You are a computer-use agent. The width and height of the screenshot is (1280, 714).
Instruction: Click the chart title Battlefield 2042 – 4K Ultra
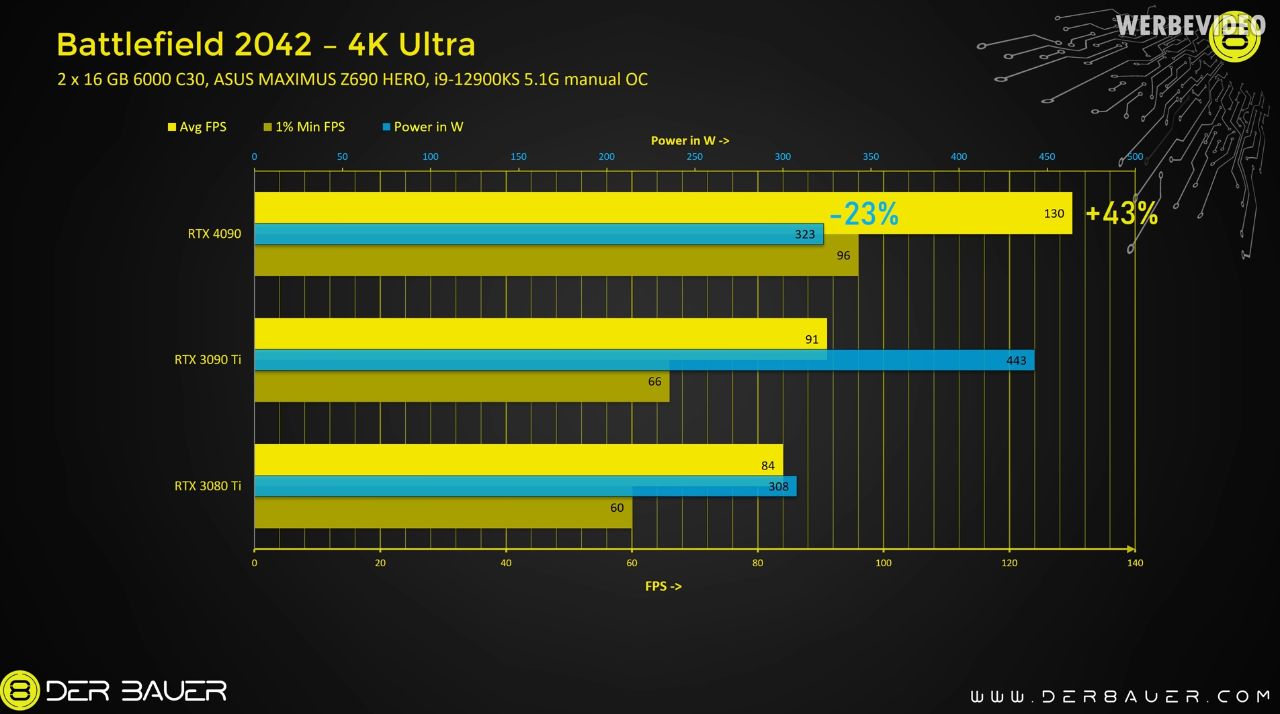point(266,45)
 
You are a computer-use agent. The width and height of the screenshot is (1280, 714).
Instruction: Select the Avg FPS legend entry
point(197,127)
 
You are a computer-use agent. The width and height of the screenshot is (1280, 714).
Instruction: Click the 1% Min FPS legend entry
point(304,127)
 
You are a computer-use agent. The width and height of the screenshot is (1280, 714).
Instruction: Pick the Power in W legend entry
point(423,127)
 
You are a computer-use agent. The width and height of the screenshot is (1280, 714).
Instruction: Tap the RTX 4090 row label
point(214,234)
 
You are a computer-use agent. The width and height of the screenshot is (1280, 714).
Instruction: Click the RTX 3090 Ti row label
point(207,360)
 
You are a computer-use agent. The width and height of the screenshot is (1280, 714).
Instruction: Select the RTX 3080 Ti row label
point(207,486)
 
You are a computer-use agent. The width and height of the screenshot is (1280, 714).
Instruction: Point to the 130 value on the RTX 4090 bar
point(1053,214)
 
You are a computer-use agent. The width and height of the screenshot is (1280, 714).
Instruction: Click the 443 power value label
point(1015,361)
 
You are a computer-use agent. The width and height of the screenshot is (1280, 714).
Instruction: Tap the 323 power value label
point(804,234)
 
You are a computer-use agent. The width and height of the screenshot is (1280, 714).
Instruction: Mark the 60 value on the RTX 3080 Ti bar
point(616,508)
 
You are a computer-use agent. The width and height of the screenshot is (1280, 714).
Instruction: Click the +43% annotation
point(1121,214)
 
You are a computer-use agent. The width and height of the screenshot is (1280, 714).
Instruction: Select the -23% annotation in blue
point(863,214)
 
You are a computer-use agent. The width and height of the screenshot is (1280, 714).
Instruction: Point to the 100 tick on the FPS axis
point(883,564)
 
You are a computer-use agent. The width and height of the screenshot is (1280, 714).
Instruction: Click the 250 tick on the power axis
point(694,157)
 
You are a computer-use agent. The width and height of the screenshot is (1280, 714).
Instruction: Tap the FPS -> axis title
point(663,586)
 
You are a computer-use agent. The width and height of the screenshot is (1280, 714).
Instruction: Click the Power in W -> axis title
point(689,141)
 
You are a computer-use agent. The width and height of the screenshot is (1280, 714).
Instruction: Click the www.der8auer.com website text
point(1120,696)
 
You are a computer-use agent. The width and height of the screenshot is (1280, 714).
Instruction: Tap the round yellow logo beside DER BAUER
point(20,690)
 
